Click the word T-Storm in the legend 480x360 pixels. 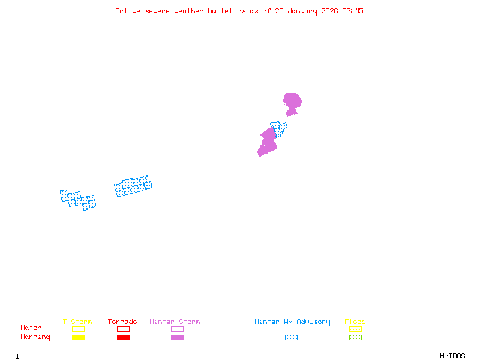tap(77, 322)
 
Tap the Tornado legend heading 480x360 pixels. tap(122, 322)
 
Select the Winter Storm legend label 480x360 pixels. tap(175, 322)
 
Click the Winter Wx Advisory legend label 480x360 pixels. tap(292, 322)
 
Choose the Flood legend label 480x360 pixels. tap(355, 322)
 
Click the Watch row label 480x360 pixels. tap(31, 328)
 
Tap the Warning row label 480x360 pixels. tap(35, 337)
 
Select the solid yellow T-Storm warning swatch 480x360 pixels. tap(78, 338)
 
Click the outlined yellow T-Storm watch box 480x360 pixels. tap(78, 329)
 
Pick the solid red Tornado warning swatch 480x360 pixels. tap(123, 338)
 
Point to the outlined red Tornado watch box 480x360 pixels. tap(123, 329)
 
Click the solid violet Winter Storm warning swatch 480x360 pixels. tap(177, 338)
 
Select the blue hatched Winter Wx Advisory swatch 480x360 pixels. tap(291, 338)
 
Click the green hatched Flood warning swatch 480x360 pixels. tap(355, 338)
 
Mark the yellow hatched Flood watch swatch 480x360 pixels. tap(355, 329)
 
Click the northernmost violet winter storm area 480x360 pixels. tap(292, 101)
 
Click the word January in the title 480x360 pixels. tap(302, 11)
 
